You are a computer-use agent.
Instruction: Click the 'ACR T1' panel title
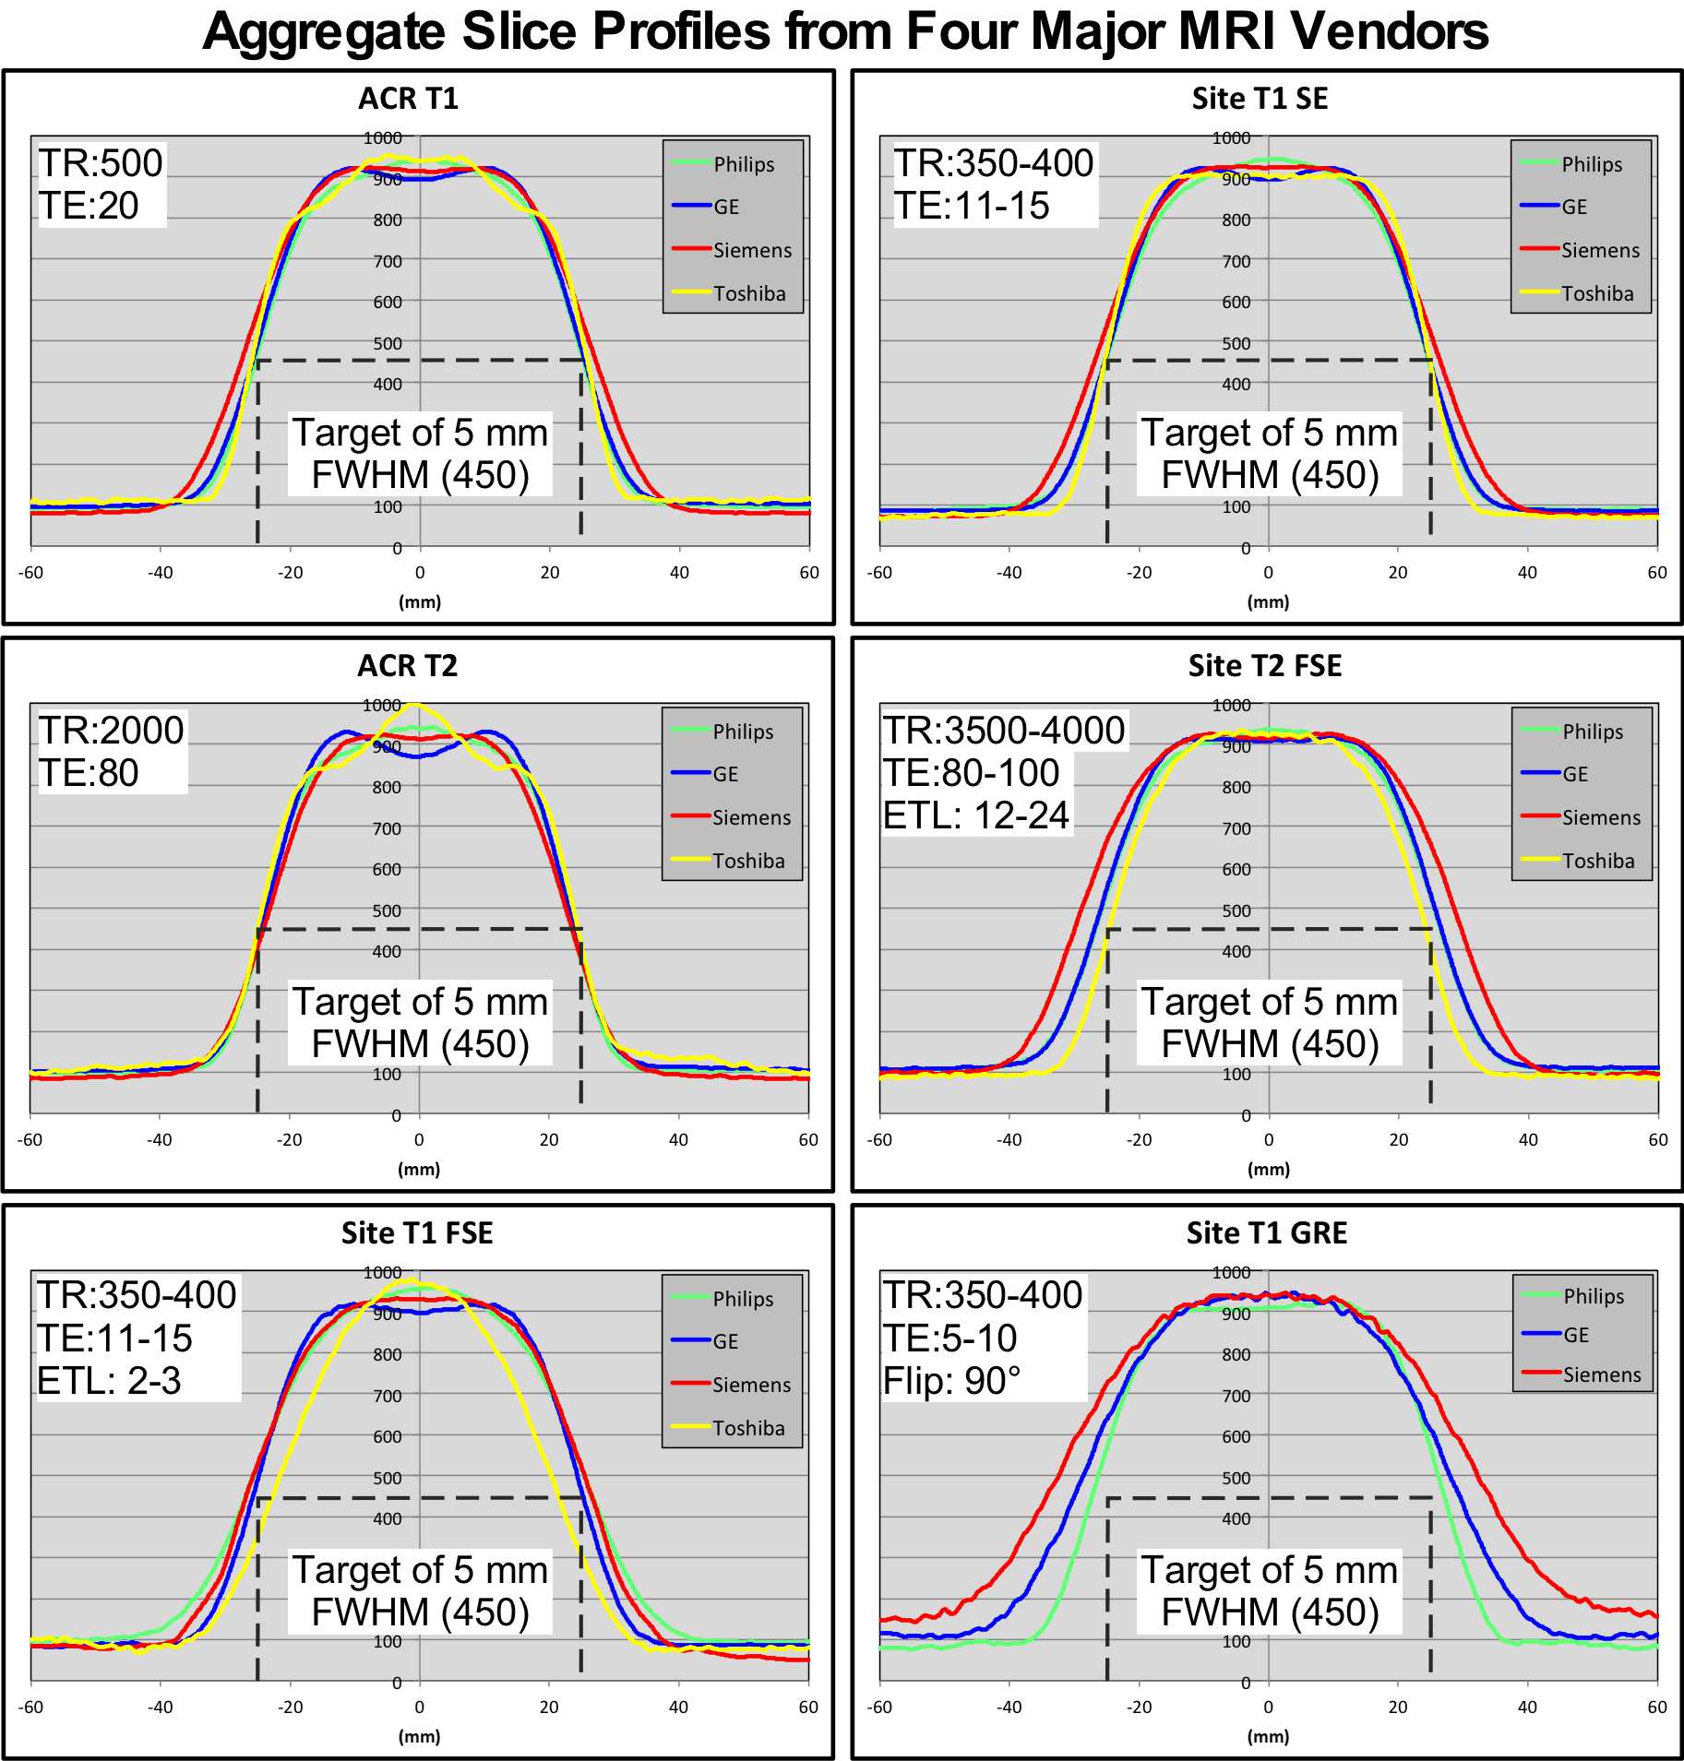[408, 99]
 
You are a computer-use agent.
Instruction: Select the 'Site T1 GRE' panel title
[1266, 1232]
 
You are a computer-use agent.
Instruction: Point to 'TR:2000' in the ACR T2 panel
[111, 731]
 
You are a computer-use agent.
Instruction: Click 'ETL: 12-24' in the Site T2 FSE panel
[976, 815]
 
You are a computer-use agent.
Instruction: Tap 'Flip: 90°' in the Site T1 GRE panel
[951, 1381]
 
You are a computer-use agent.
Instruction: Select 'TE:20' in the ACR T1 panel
[89, 206]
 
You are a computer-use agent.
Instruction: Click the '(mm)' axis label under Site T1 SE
[1268, 602]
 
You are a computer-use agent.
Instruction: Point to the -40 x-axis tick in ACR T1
[161, 573]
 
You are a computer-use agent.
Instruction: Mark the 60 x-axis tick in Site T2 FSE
[1657, 1140]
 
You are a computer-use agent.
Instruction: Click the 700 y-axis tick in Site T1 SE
[1236, 261]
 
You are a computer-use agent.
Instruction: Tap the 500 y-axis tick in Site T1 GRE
[1236, 1478]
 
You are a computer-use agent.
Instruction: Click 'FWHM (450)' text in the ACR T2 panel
[420, 1044]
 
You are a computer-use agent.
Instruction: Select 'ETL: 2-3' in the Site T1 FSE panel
[109, 1381]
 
